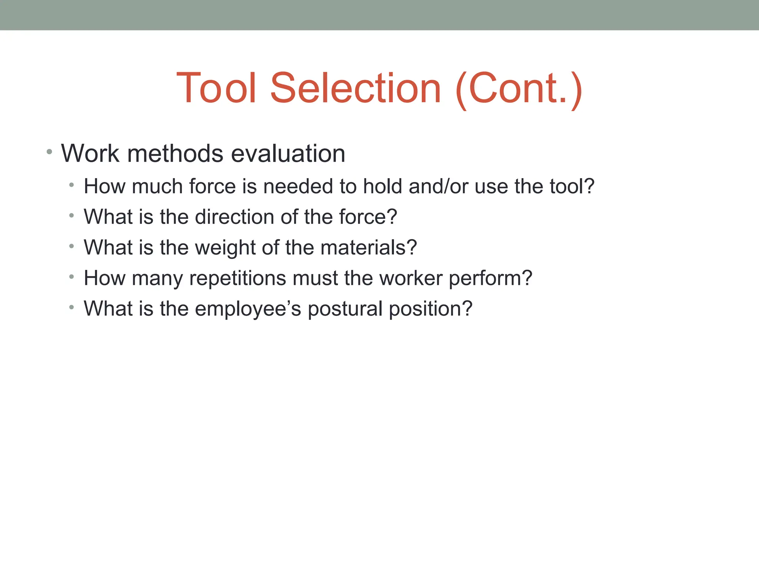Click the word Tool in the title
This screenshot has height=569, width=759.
tap(216, 88)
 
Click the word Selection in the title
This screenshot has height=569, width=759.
tap(356, 88)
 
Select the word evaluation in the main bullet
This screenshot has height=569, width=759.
tap(288, 153)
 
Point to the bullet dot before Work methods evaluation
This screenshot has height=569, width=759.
tap(49, 152)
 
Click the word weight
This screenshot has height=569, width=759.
tap(226, 247)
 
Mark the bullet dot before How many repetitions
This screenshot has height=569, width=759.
tap(72, 276)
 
